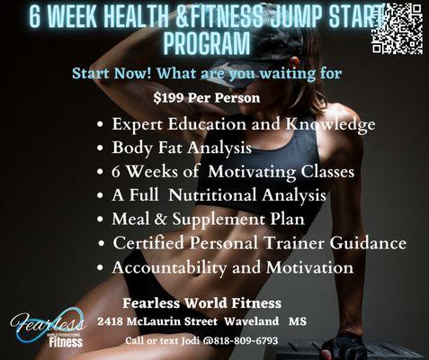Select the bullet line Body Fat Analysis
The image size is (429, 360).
point(181,148)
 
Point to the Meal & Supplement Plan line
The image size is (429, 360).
point(207,219)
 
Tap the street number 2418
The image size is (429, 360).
point(113,321)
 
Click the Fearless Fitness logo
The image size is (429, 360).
point(48,328)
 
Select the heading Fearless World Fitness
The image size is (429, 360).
point(201,301)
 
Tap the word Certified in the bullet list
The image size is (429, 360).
point(148,243)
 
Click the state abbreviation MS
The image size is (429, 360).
point(299,321)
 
